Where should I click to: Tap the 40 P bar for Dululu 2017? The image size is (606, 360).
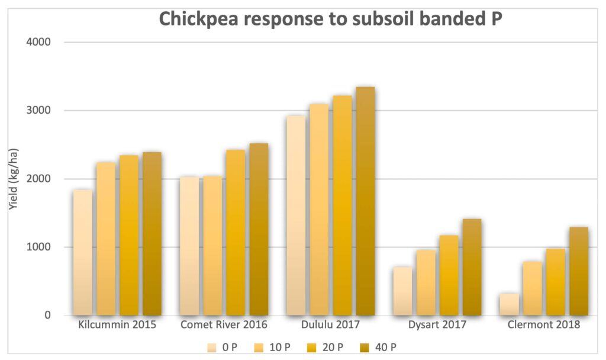click(x=365, y=201)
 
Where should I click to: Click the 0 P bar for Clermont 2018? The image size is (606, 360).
click(x=509, y=304)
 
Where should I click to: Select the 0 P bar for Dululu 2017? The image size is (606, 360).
click(x=296, y=216)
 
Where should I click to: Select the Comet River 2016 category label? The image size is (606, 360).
click(x=224, y=325)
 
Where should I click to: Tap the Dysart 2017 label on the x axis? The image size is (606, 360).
click(x=437, y=325)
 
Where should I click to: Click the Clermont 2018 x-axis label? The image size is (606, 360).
click(x=544, y=325)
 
